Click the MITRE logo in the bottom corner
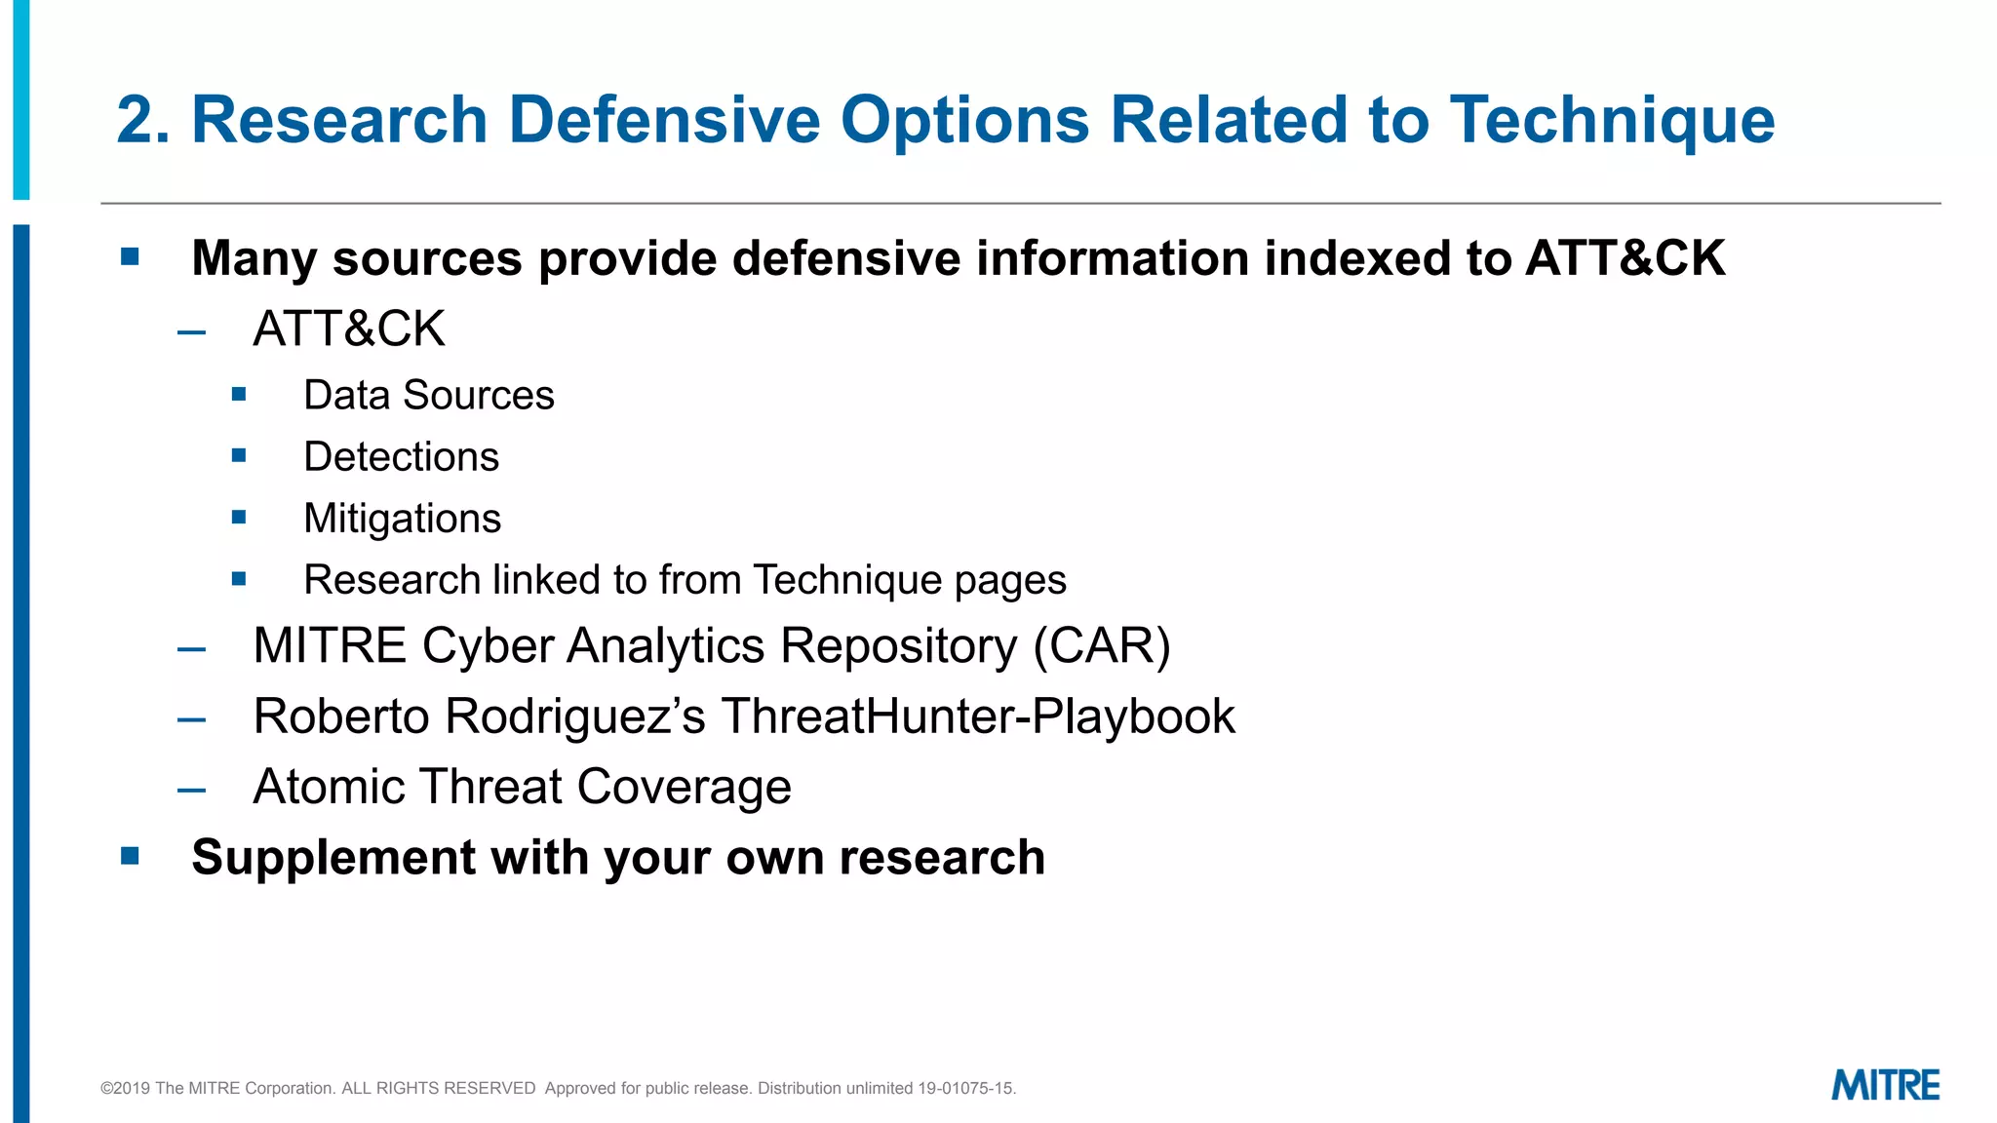[1885, 1085]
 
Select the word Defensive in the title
[664, 121]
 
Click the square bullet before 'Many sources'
[131, 257]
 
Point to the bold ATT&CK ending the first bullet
[1625, 258]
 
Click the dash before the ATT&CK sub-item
[192, 332]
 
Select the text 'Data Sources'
[428, 395]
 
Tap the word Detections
[401, 456]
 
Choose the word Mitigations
[402, 518]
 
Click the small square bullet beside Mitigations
[239, 517]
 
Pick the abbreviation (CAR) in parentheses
[1102, 645]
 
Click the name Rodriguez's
[575, 716]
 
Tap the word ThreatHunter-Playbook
[978, 716]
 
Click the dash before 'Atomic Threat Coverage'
[192, 791]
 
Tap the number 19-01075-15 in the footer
[965, 1088]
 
